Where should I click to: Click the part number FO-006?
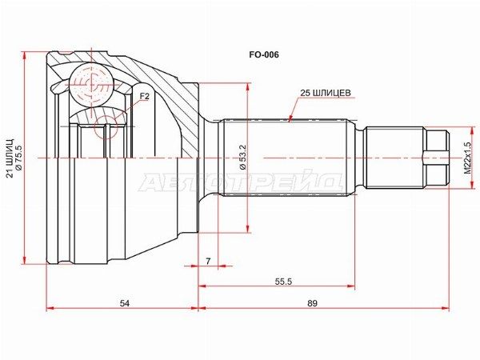pos(263,54)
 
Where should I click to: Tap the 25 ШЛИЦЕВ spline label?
pos(325,93)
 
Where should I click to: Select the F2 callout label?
pos(145,97)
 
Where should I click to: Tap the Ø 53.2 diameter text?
pos(243,157)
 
